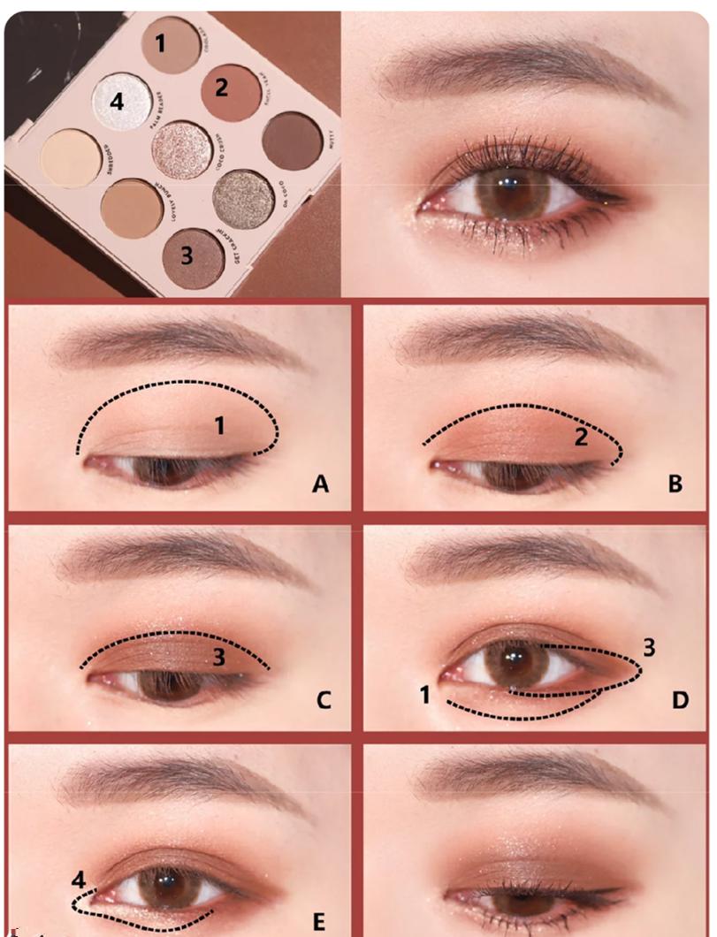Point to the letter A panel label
tap(321, 484)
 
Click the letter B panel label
tap(675, 484)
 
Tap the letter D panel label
tap(679, 701)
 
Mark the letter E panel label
tap(319, 921)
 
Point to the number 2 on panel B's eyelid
tap(582, 436)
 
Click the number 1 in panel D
tap(424, 696)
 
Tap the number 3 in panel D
tap(648, 648)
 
